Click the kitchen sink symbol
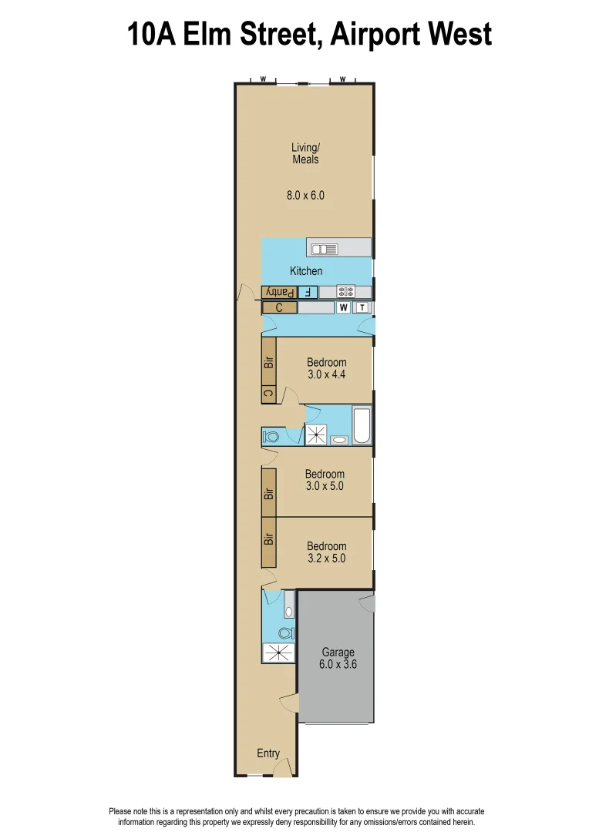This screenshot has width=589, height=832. click(x=325, y=248)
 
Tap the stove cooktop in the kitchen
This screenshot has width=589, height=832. click(x=345, y=292)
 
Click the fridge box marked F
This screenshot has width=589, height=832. click(x=308, y=292)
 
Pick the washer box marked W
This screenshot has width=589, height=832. click(x=344, y=307)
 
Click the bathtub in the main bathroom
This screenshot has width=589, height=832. click(x=362, y=426)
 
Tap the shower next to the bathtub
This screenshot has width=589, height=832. click(x=316, y=435)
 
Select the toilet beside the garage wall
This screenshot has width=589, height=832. click(x=284, y=633)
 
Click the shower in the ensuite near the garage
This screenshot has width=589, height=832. click(x=278, y=653)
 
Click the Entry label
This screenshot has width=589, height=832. click(x=268, y=753)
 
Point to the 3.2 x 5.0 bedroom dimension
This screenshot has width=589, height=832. click(x=327, y=559)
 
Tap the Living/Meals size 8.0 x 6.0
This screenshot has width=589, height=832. click(x=305, y=196)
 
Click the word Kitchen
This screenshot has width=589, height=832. click(x=306, y=271)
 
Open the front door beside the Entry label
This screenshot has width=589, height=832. click(x=283, y=767)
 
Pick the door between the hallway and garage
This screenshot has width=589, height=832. click(x=290, y=703)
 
